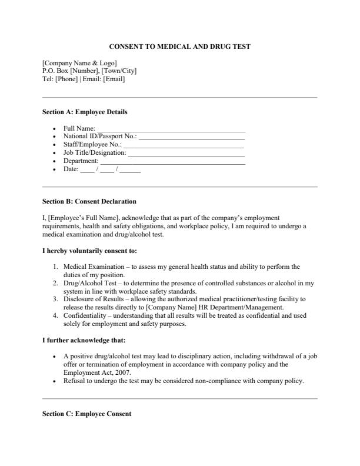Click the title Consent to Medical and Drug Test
tap(180, 46)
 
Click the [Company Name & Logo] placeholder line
tap(79, 63)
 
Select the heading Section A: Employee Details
tap(85, 112)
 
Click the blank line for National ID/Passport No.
tap(191, 137)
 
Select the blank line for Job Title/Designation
tap(186, 153)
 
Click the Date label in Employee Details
tap(70, 169)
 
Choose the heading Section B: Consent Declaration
tap(89, 201)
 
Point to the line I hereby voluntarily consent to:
tap(89, 251)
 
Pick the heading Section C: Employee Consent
tap(87, 414)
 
